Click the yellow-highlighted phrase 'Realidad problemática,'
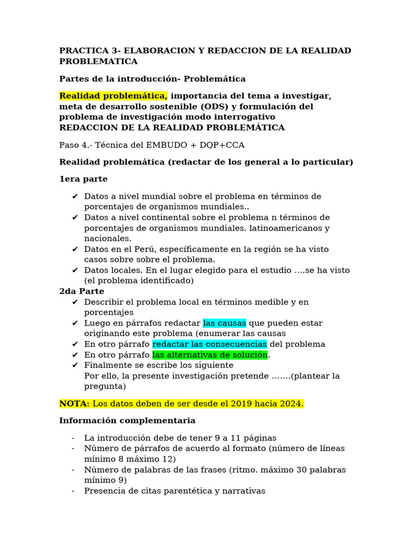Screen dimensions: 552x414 click(113, 96)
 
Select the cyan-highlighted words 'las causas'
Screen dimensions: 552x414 click(224, 323)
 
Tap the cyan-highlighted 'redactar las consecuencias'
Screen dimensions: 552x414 click(209, 344)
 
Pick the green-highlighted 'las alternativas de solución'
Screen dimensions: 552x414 click(210, 355)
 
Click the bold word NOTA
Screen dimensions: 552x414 click(72, 404)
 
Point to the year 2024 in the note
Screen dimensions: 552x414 click(292, 404)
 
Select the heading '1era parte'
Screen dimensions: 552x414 click(83, 179)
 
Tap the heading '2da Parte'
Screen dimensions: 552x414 click(82, 292)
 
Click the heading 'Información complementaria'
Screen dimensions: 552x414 click(127, 420)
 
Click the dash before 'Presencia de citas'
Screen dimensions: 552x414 click(73, 491)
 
